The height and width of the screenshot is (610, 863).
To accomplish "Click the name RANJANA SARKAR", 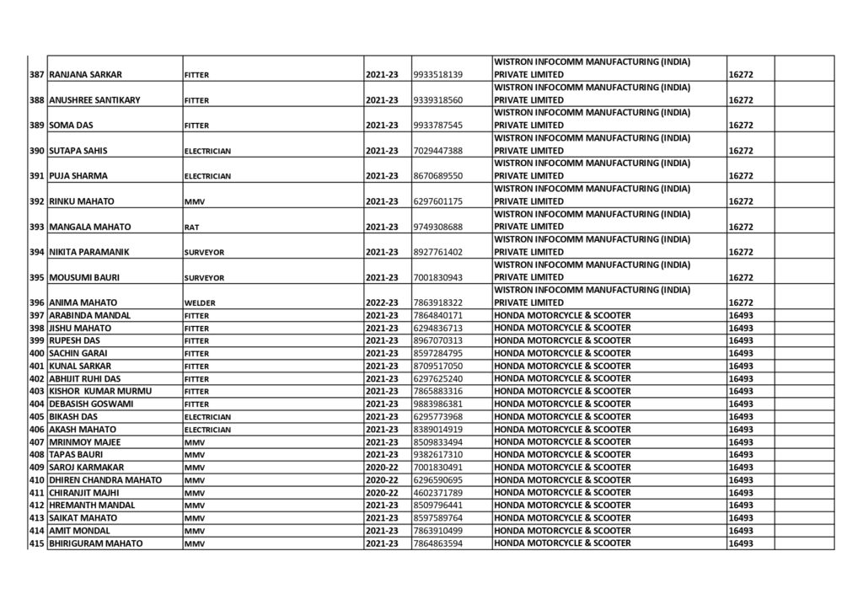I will [86, 75].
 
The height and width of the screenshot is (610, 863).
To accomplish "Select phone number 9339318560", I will [437, 100].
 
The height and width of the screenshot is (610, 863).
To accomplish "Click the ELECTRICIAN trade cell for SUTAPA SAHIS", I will [207, 151].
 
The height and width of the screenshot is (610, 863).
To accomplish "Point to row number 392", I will [36, 201].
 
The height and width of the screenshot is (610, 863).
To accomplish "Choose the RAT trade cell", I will [192, 227].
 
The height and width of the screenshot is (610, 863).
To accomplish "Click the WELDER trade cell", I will [200, 302].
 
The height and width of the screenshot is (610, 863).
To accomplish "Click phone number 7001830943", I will [437, 277].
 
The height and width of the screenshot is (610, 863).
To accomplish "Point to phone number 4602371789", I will [437, 492].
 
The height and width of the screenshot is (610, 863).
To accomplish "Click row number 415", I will [36, 543].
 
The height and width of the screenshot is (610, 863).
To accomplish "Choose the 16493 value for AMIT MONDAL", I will [740, 531].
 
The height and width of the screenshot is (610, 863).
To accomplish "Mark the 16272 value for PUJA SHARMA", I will [740, 176].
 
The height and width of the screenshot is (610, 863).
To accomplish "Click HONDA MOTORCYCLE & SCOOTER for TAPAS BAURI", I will [562, 454].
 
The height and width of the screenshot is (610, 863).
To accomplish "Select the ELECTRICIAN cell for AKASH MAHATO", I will [207, 430].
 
